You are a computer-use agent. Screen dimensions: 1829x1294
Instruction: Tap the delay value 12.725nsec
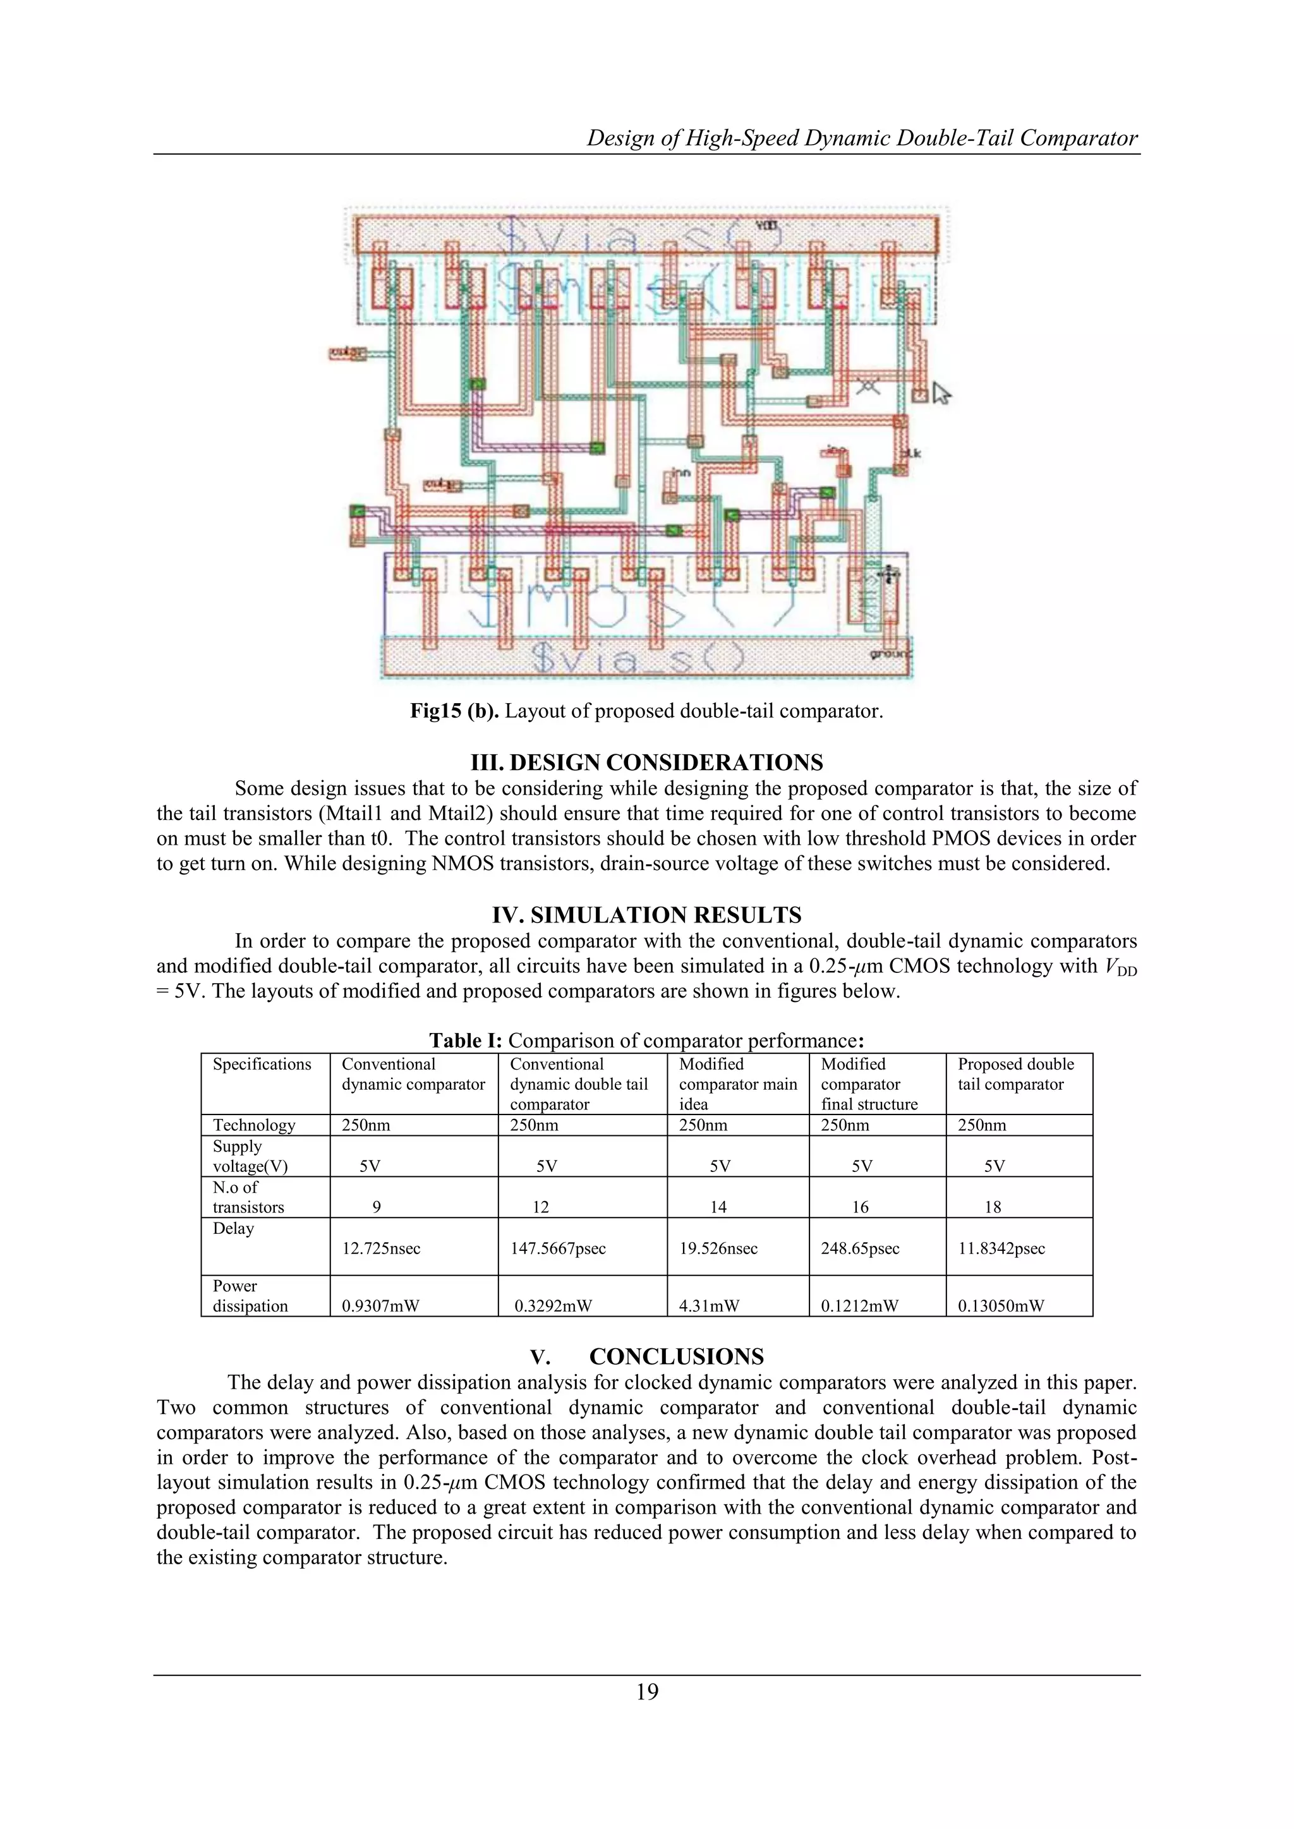coord(381,1248)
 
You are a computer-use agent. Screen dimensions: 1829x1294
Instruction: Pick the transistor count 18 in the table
coord(992,1207)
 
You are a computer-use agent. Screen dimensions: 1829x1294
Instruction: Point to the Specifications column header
coord(262,1065)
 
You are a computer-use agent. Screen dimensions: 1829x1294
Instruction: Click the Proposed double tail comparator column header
coord(1015,1074)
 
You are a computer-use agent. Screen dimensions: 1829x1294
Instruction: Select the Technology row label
coord(253,1125)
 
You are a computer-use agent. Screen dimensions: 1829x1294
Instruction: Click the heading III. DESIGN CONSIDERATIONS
coord(646,763)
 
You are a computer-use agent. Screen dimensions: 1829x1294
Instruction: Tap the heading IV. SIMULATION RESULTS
coord(646,915)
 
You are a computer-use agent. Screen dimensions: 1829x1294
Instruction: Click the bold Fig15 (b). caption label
coord(454,711)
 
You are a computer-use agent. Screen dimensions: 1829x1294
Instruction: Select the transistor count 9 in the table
coord(376,1207)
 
